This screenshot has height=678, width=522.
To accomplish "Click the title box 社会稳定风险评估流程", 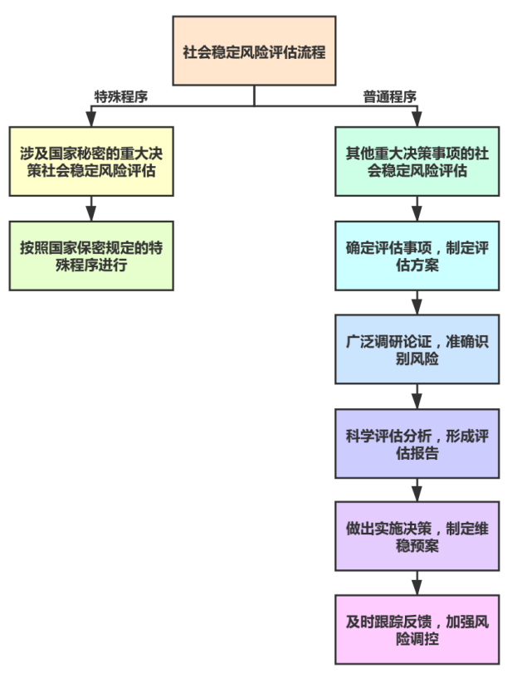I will coord(254,51).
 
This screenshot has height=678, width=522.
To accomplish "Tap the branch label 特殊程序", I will coord(121,96).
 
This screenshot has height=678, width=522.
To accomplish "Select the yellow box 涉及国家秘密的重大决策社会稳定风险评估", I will coord(91,161).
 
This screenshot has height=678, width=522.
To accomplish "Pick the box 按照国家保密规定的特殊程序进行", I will coord(91,255).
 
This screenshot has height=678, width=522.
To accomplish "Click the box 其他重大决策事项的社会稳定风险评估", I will coord(417,161).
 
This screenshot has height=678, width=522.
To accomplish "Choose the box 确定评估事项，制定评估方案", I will coord(417,255).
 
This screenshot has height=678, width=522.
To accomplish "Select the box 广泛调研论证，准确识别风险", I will coord(417,349).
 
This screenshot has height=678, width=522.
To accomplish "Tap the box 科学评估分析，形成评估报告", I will coord(417,442).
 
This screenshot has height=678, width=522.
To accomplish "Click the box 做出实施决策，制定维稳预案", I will coord(417,536).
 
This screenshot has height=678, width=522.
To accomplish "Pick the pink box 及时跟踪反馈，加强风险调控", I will coord(417,629).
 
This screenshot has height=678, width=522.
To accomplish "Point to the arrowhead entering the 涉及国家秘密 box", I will coord(91,120).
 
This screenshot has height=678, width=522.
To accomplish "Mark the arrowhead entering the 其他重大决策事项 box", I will coord(417,120).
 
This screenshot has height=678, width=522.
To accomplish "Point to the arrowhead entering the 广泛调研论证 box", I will coord(417,307).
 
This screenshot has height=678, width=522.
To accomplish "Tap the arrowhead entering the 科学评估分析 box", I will coord(417,401).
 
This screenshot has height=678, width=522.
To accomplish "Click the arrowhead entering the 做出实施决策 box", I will coord(417,495).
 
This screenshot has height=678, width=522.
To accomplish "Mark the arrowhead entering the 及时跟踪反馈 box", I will coord(417,588).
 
